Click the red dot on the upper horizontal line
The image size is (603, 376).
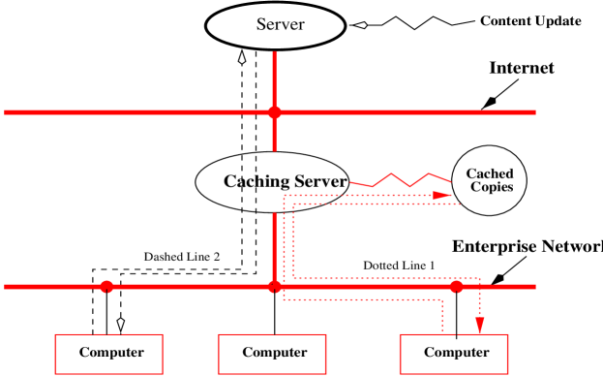click(x=274, y=112)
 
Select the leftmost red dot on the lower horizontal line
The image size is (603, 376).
click(x=106, y=287)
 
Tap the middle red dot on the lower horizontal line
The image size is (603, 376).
click(x=275, y=287)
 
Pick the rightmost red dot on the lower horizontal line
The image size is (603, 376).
click(x=456, y=287)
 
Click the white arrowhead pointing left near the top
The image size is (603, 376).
click(x=361, y=25)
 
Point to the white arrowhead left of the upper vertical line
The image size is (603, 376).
click(x=242, y=58)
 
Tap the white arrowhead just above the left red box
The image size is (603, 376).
click(x=121, y=324)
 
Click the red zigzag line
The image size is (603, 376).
click(x=401, y=179)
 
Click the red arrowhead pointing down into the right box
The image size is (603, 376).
click(x=479, y=325)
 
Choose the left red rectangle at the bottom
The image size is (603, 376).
click(x=108, y=354)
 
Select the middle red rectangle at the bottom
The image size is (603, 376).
click(x=272, y=354)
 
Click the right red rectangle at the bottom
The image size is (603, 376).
click(x=453, y=354)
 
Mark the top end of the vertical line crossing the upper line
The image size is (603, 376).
click(x=274, y=52)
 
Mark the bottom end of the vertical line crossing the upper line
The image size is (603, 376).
click(x=274, y=150)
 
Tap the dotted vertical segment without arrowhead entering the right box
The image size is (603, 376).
click(x=442, y=316)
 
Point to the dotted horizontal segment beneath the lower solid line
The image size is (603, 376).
click(x=363, y=299)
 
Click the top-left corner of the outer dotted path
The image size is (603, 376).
click(x=284, y=196)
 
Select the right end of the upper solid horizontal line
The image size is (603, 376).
click(x=534, y=112)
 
